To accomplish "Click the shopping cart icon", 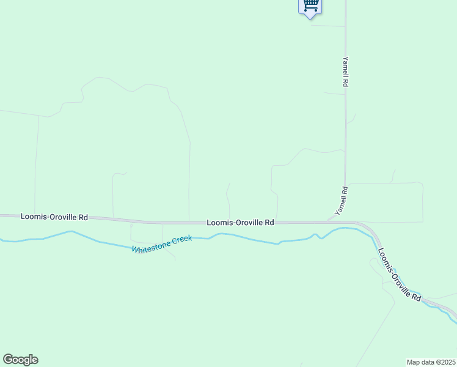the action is (310, 6).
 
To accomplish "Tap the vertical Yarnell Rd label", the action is (345, 72).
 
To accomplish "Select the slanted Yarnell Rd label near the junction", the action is (341, 200).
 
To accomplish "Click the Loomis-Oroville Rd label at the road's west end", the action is (54, 217).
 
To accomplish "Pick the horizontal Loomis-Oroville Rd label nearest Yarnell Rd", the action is (240, 223).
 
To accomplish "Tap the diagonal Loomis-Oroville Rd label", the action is (399, 273).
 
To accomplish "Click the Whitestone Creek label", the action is (163, 243).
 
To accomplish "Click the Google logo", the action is (20, 360).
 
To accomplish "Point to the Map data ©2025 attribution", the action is (431, 362).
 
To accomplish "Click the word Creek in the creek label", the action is (181, 239).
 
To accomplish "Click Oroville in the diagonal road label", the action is (400, 275).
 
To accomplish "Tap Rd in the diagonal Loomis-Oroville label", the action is (416, 296).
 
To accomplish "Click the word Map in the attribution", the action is (413, 362).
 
